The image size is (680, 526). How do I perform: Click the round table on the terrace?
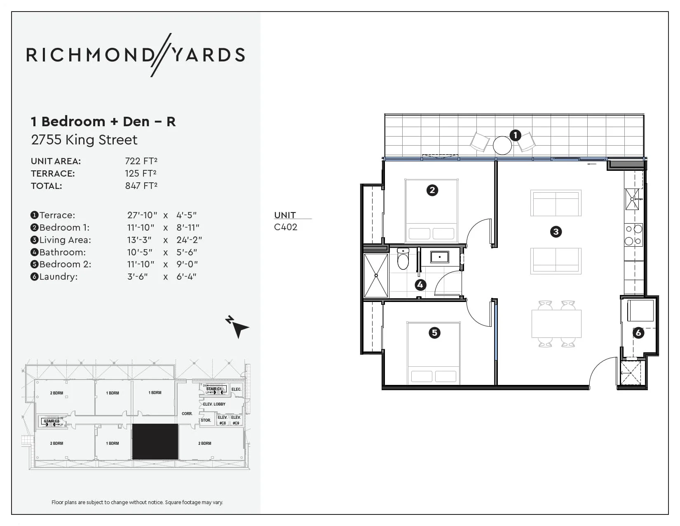(502, 145)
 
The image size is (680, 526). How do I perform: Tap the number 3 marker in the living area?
(556, 231)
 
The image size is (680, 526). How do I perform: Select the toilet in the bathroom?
(403, 259)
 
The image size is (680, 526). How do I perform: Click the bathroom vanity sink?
(440, 257)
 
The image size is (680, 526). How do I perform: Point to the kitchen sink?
(632, 199)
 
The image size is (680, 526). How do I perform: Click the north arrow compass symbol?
(237, 327)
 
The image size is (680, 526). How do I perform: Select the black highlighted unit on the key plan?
(155, 441)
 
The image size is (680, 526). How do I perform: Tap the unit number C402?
(285, 227)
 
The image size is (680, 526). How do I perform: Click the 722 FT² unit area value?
(141, 161)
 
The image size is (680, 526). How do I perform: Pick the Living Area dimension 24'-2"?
(189, 240)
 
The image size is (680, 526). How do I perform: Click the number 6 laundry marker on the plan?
(638, 333)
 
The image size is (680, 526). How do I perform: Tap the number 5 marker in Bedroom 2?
(434, 333)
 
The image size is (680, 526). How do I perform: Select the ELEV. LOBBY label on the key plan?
(214, 404)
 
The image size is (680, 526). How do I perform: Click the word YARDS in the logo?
(209, 55)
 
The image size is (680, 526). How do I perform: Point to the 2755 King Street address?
(84, 140)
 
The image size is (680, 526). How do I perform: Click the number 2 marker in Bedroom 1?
(432, 190)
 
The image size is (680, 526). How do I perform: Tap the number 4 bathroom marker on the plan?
(420, 285)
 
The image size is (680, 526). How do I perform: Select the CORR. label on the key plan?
(187, 413)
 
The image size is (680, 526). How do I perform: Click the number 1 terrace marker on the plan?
(515, 135)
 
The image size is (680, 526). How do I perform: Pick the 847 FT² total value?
(141, 186)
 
